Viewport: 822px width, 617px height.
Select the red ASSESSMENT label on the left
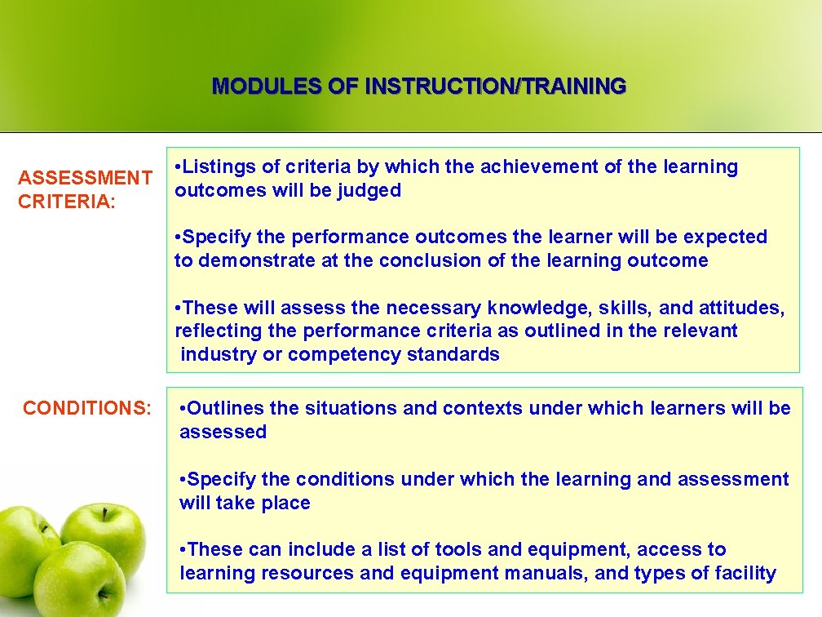85,178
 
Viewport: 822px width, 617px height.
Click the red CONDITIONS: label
87,408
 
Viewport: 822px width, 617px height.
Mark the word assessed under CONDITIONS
223,432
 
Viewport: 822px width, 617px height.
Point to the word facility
742,574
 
